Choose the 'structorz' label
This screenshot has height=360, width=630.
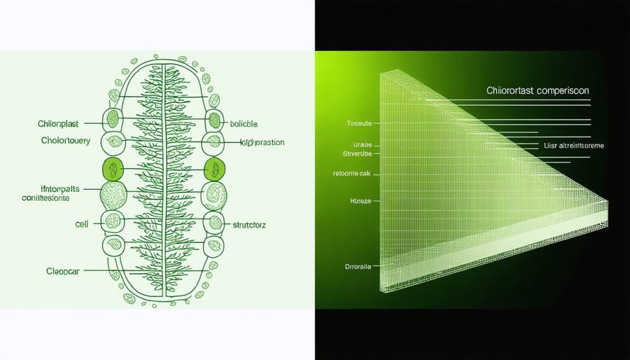(x=249, y=226)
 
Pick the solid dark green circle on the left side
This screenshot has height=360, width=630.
(x=112, y=169)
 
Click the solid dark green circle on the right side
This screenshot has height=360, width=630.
(x=216, y=169)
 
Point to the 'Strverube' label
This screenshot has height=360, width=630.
(x=360, y=151)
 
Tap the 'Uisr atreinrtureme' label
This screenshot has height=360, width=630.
(x=573, y=146)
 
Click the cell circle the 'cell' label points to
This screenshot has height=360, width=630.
(x=112, y=221)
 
